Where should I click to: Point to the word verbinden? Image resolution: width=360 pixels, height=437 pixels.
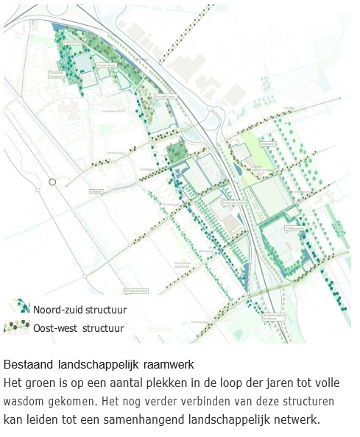pos(180,402)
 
